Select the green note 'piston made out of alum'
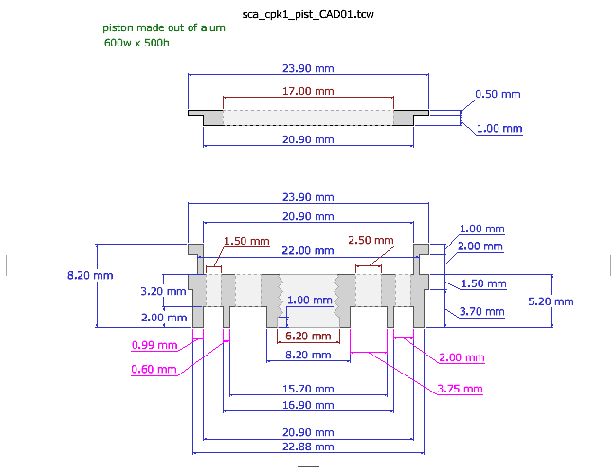(164, 28)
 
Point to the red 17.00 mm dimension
(309, 91)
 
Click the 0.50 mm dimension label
(498, 95)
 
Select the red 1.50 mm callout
(247, 241)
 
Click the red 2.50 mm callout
(371, 241)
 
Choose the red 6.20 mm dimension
(309, 337)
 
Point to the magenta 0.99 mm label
(154, 345)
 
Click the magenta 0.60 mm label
(154, 369)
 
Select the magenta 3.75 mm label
(460, 390)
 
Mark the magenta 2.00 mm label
(462, 357)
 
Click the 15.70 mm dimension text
(309, 390)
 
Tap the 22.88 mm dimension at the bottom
(309, 447)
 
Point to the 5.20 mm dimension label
(551, 301)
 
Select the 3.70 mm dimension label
(482, 311)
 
